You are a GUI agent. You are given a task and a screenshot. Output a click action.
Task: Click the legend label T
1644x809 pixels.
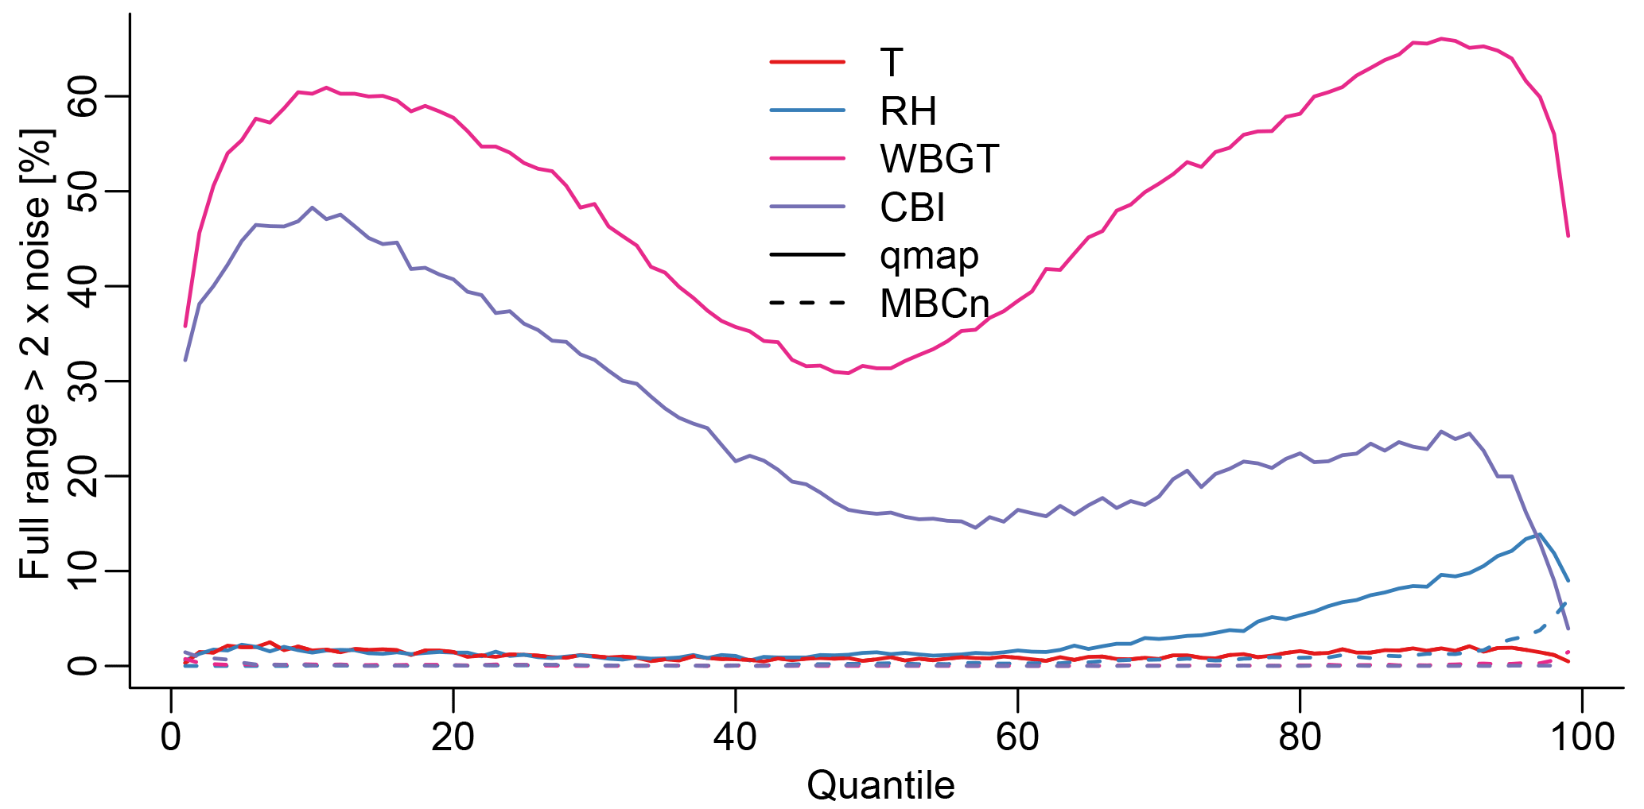(x=892, y=63)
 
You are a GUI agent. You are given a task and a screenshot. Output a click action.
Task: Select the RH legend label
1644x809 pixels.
(x=908, y=111)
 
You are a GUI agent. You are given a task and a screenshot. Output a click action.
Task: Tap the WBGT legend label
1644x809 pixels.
(x=939, y=159)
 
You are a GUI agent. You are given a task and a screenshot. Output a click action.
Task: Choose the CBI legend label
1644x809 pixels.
(x=912, y=208)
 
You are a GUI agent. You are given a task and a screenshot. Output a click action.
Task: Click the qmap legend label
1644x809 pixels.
(x=929, y=256)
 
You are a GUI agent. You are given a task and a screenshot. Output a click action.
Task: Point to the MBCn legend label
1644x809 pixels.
(x=935, y=304)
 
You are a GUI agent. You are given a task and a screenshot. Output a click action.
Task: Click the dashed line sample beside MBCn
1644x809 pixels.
(x=807, y=303)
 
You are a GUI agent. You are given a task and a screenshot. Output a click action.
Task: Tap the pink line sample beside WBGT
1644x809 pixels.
(x=807, y=158)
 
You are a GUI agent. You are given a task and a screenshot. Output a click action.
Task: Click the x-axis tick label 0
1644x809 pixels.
(x=171, y=737)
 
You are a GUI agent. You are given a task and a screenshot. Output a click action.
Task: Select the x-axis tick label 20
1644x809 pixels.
(x=453, y=737)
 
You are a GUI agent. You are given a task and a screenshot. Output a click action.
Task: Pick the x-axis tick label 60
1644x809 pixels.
(x=1017, y=737)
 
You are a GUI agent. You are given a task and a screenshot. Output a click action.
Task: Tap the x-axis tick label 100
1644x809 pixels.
(x=1582, y=737)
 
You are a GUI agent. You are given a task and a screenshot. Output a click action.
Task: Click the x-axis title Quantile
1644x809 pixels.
(x=880, y=785)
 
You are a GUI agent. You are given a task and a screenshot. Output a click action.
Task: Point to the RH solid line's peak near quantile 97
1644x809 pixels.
(x=1540, y=534)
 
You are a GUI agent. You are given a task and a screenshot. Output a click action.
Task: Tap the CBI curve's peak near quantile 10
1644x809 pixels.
(x=312, y=207)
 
